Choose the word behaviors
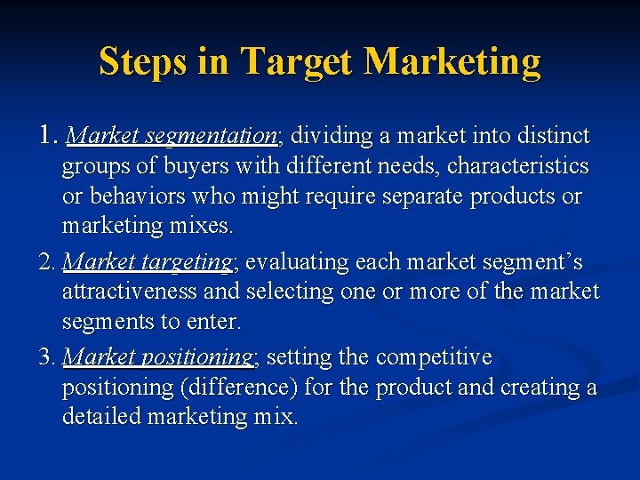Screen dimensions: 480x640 (126, 196)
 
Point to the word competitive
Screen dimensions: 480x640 (434, 357)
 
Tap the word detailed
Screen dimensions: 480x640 (101, 416)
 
